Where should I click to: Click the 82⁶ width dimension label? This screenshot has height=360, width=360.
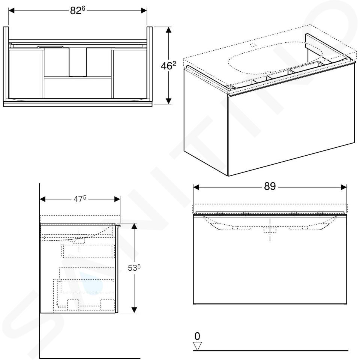[x=78, y=10]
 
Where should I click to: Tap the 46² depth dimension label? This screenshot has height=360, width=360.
[x=168, y=66]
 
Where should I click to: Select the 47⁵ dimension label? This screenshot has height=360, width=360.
[x=79, y=199]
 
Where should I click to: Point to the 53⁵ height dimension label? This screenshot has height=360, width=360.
[x=134, y=268]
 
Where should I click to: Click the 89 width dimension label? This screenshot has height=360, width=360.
[x=270, y=186]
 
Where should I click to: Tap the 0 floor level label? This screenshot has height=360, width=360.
[x=197, y=336]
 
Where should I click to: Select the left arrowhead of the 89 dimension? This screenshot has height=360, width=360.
[x=196, y=187]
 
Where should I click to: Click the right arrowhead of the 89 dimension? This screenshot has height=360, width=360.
[x=344, y=187]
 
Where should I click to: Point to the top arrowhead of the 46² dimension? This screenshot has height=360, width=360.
[x=168, y=30]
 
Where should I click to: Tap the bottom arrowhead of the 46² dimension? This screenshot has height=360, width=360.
[x=168, y=101]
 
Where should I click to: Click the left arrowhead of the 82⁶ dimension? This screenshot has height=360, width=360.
[x=12, y=10]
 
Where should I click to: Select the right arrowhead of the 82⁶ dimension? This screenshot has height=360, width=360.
[x=144, y=10]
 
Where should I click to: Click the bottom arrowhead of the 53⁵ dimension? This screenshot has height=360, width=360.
[x=134, y=310]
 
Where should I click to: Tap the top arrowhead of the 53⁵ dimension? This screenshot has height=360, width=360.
[x=134, y=226]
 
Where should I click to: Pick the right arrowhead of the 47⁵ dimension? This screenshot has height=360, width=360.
[x=117, y=199]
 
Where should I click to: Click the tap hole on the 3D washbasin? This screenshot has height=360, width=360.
[x=253, y=45]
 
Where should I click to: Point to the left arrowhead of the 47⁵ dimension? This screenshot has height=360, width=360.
[x=43, y=199]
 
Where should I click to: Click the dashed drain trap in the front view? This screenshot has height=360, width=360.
[x=270, y=229]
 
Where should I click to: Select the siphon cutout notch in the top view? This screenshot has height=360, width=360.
[x=78, y=62]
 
